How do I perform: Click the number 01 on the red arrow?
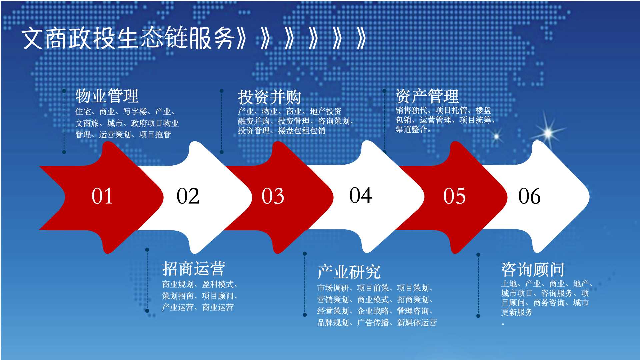[x=102, y=196]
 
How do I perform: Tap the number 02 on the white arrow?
[x=188, y=196]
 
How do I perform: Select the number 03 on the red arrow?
[x=273, y=196]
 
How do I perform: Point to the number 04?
[x=361, y=195]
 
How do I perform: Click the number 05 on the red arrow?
[x=454, y=196]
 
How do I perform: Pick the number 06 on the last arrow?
[x=529, y=196]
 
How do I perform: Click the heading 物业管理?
[x=107, y=96]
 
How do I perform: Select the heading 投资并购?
[x=269, y=97]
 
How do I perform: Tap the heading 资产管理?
[x=427, y=96]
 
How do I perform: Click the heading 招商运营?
[x=194, y=269]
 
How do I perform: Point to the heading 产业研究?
[x=349, y=272]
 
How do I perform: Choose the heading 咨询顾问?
[x=533, y=270]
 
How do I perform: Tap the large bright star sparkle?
[x=548, y=133]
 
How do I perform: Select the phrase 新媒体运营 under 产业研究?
[x=417, y=323]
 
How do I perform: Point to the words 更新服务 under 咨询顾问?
[x=517, y=312]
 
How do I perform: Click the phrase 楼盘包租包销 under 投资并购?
[x=302, y=131]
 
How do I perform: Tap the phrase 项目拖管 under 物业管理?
[x=155, y=135]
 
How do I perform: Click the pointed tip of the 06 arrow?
[x=589, y=197]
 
